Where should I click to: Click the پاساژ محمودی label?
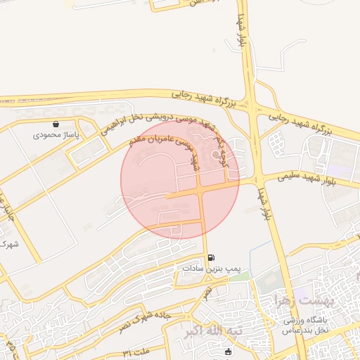point(56,134)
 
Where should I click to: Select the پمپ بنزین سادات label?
point(211,269)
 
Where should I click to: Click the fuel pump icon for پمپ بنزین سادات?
point(212,257)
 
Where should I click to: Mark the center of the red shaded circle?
point(180,180)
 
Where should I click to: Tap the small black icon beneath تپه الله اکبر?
point(227,352)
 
